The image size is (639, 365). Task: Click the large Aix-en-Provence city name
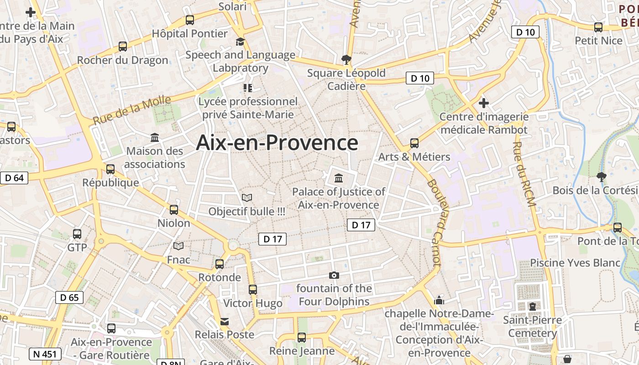(277, 143)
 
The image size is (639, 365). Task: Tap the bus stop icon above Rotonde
(220, 264)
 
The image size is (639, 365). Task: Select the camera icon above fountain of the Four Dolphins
(334, 275)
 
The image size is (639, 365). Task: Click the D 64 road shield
(14, 178)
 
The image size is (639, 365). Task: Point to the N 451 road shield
(45, 354)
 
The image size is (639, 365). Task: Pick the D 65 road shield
(69, 297)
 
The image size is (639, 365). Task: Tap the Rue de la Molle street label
(131, 110)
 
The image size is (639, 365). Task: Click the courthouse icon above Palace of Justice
(339, 178)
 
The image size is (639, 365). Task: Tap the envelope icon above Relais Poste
(225, 322)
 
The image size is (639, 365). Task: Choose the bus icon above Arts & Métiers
(414, 143)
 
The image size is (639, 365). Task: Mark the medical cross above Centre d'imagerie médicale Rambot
(484, 103)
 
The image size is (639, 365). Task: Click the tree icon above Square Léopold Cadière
(346, 59)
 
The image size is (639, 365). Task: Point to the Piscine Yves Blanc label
(575, 263)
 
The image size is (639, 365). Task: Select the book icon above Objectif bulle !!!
(247, 198)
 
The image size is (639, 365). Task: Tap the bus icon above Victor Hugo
(252, 290)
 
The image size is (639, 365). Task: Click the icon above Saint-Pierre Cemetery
(532, 306)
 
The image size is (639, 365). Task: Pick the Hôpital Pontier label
(189, 33)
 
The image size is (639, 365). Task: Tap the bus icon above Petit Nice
(598, 27)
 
